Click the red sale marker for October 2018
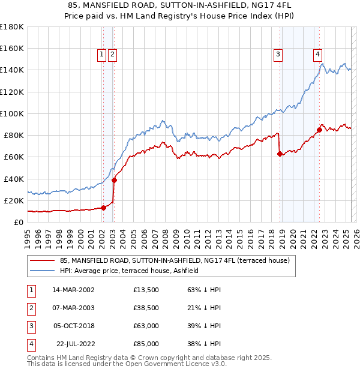(280, 154)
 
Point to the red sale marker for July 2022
(319, 130)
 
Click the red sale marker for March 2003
(114, 180)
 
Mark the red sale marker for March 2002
(103, 208)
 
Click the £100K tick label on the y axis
(11, 113)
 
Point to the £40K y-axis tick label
(13, 179)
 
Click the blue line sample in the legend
(42, 271)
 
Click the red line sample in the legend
(42, 260)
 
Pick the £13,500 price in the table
(146, 289)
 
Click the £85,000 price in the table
(146, 344)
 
